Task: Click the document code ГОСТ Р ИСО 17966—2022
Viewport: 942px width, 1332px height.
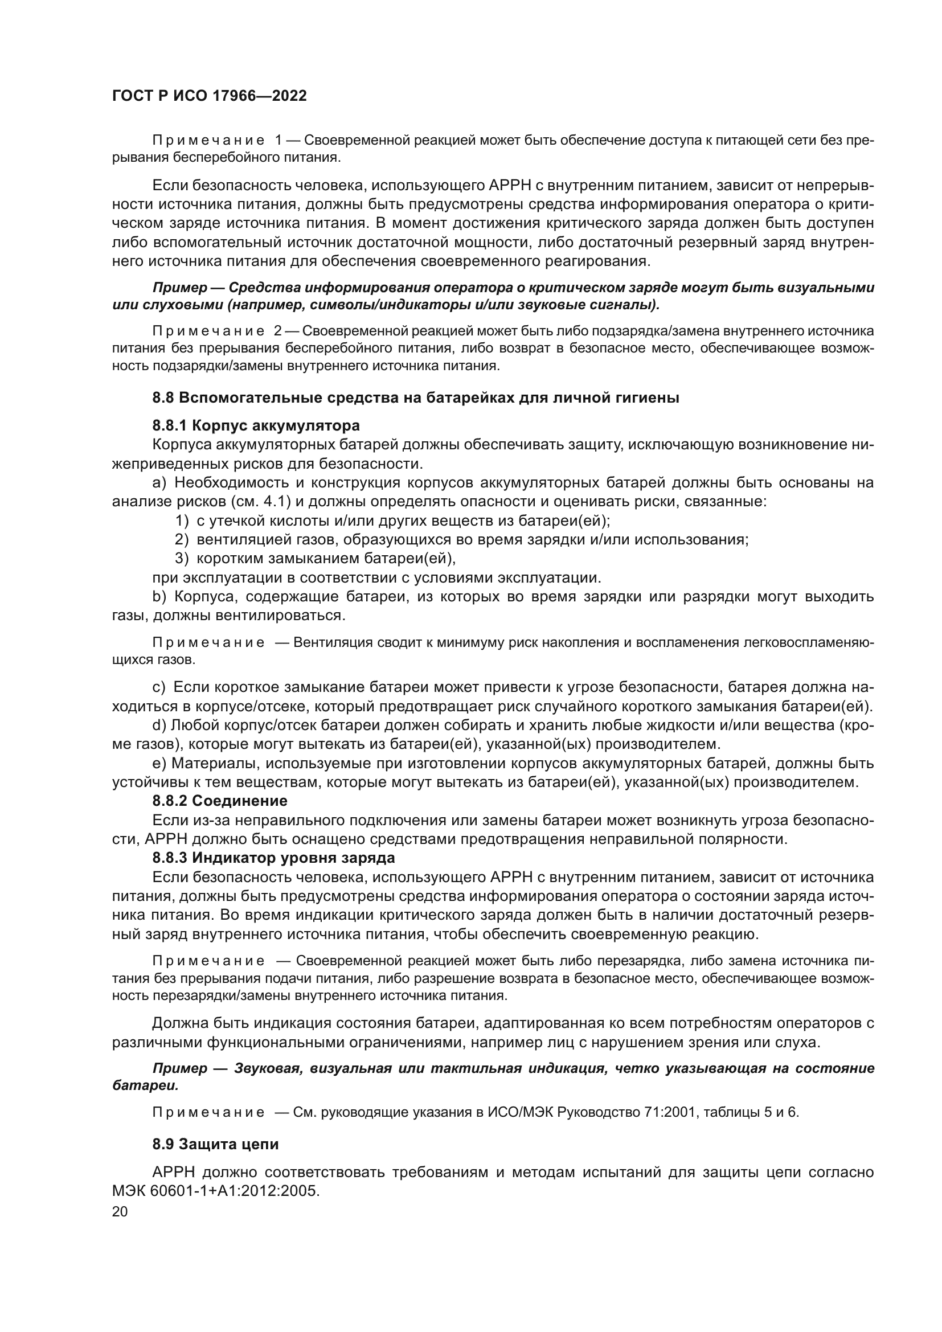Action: tap(209, 96)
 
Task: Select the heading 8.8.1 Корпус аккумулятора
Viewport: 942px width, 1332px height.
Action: tap(256, 425)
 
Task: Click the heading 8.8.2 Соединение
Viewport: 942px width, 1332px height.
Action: tap(220, 801)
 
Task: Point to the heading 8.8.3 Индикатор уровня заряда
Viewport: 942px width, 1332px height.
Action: tap(273, 857)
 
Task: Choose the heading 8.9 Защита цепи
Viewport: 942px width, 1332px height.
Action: tap(215, 1144)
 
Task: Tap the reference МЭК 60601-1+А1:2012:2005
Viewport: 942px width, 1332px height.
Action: tap(216, 1191)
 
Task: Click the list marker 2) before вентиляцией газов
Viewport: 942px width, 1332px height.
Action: tap(182, 539)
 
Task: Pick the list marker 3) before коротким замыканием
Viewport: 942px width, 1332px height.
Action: tap(182, 558)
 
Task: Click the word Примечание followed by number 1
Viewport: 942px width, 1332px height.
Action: tap(208, 141)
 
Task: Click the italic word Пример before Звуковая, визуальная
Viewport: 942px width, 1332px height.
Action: tap(179, 1068)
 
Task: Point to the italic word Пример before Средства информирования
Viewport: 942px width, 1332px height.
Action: tap(179, 288)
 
